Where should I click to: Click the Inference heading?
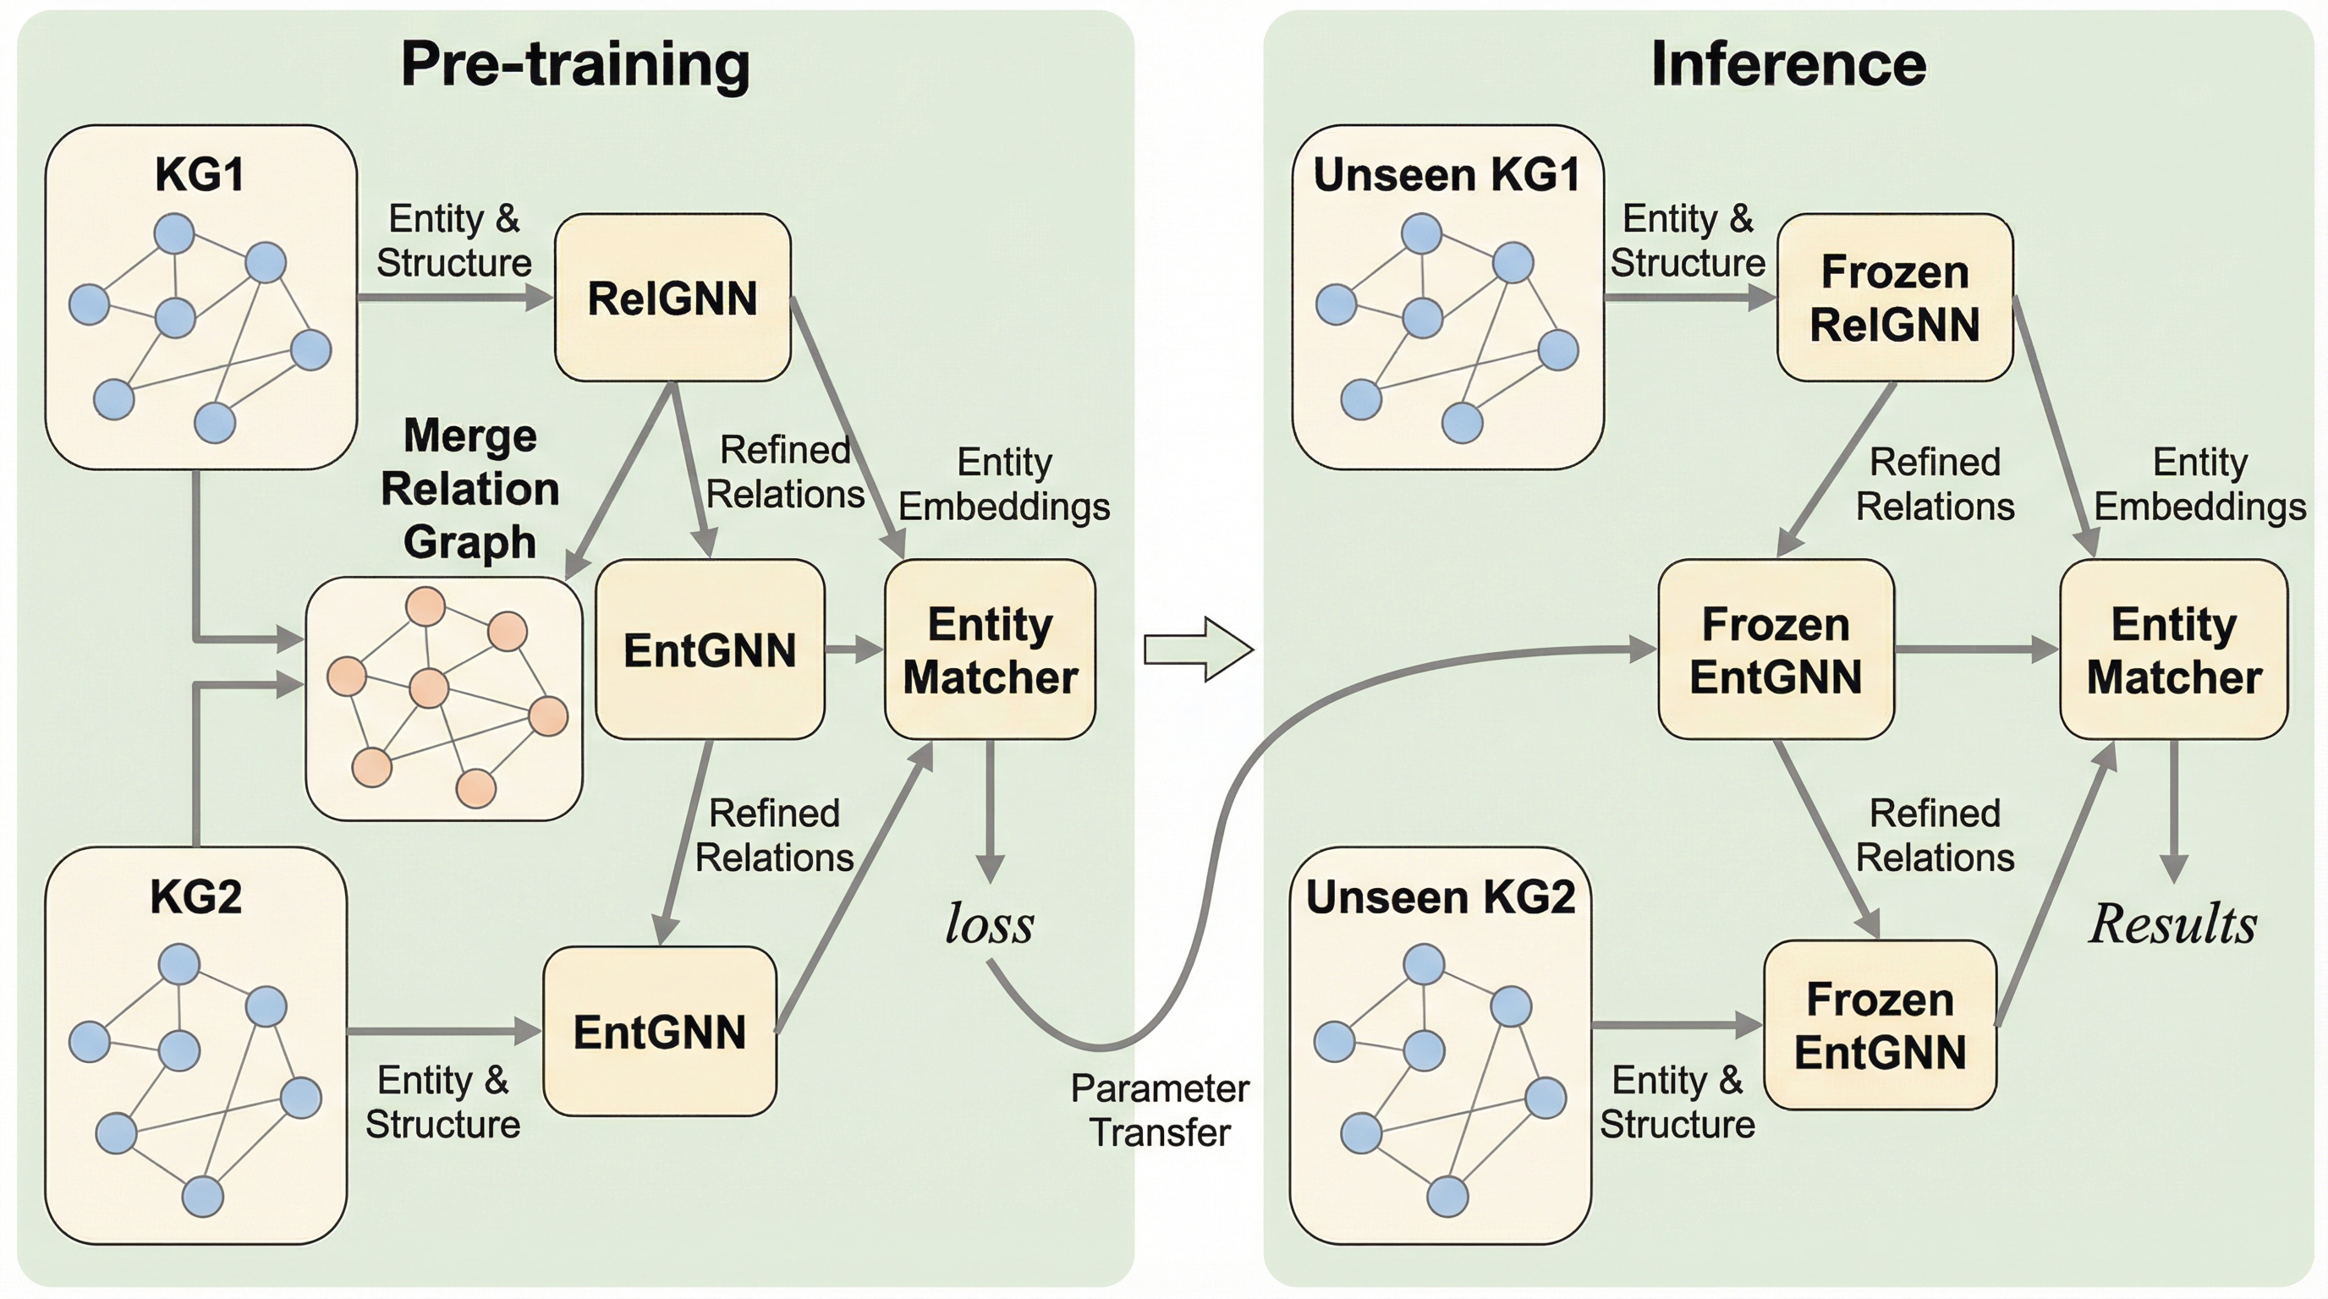tap(1787, 65)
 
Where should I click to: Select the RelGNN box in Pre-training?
tap(673, 298)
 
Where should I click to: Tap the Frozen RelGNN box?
tap(1894, 298)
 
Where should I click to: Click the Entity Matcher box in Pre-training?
tap(990, 650)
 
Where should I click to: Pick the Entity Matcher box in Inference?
tap(2173, 650)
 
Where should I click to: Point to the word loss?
tap(990, 924)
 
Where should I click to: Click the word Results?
tap(2172, 924)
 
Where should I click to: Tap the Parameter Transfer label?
tap(1160, 1110)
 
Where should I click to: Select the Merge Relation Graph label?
tap(470, 489)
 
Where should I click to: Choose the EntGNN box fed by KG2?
tap(660, 1032)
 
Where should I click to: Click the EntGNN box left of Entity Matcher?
tap(710, 650)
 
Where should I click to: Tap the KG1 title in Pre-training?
tap(200, 174)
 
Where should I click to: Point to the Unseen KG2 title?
tap(1441, 897)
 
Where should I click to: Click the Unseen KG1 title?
tap(1446, 174)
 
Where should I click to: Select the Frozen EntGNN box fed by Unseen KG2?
tap(1880, 1026)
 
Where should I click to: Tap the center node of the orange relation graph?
tap(429, 688)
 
